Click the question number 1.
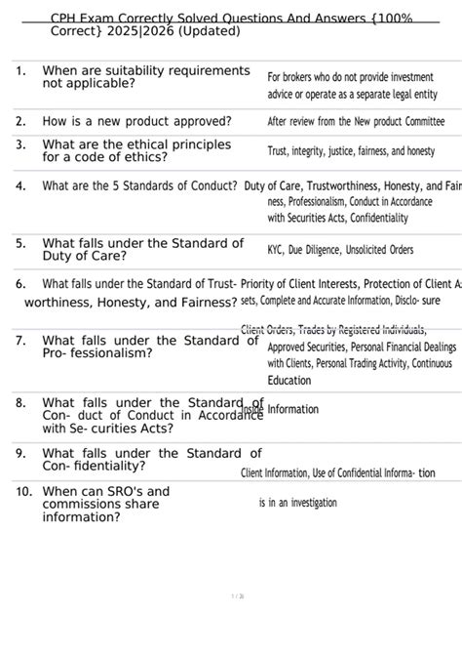[x=19, y=71]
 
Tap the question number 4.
[x=19, y=185]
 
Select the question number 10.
[x=23, y=492]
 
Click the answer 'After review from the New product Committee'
[x=356, y=122]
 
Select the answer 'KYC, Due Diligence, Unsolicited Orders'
[x=340, y=250]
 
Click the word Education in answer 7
[x=289, y=381]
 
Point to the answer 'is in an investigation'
[x=297, y=503]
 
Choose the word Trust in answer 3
[x=281, y=152]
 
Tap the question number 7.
[x=19, y=341]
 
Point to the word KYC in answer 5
[x=279, y=250]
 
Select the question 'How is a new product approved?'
[x=136, y=121]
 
